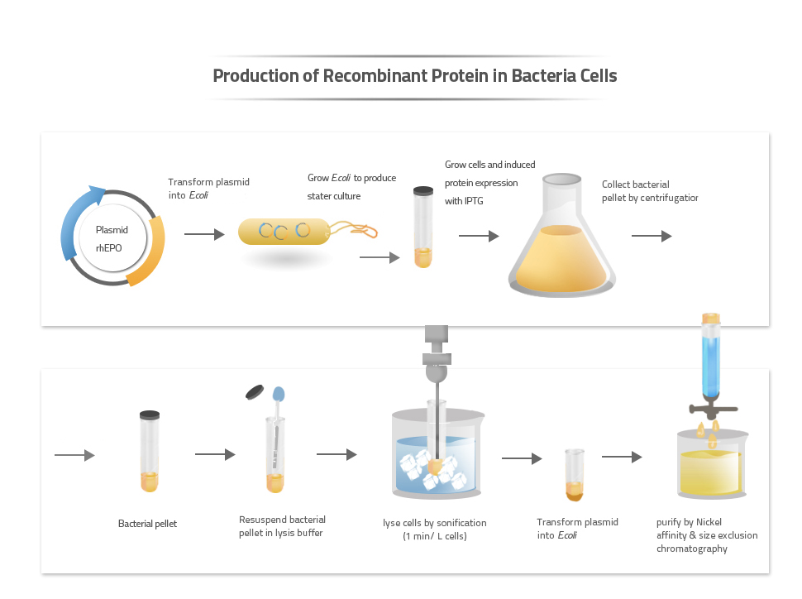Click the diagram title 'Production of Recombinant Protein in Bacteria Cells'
[x=414, y=76]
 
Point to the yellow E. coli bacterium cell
[x=283, y=231]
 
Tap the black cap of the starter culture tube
[x=423, y=190]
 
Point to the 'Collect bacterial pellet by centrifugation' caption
[x=650, y=191]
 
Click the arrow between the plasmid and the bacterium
[x=204, y=235]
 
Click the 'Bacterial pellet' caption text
[x=147, y=524]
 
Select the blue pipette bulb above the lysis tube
[x=278, y=393]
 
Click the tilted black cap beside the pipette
[x=255, y=391]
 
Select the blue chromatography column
[x=711, y=359]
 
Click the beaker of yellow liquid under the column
[x=712, y=467]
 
